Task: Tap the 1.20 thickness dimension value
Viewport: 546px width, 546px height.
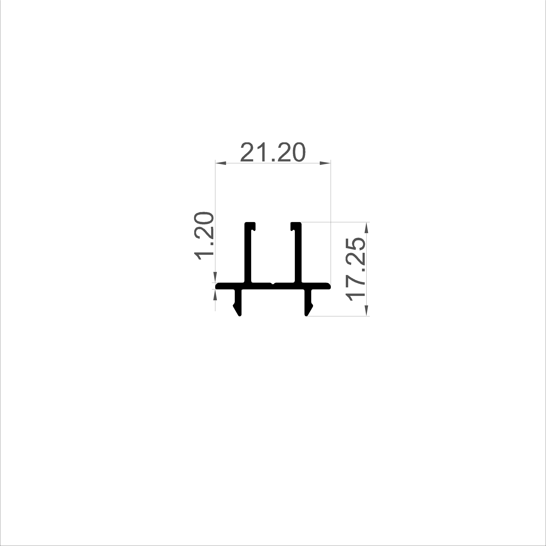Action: click(x=203, y=235)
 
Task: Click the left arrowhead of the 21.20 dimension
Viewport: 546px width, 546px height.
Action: click(x=221, y=163)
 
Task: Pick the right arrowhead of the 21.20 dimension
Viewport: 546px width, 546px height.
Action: click(x=325, y=163)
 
